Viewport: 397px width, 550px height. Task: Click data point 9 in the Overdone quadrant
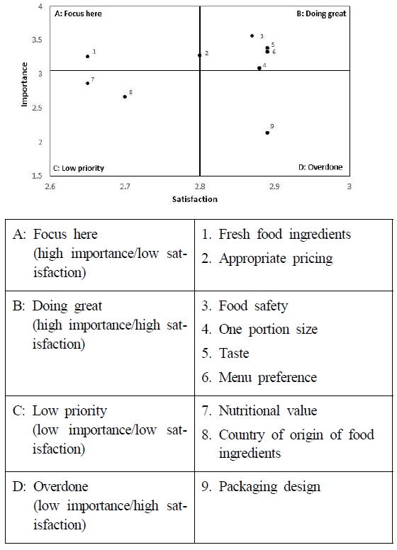click(x=267, y=133)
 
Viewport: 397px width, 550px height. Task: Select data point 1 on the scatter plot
click(x=88, y=56)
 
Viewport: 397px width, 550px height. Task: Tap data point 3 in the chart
click(x=252, y=35)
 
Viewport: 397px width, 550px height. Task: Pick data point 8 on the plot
click(x=125, y=96)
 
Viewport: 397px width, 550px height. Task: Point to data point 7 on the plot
click(x=87, y=83)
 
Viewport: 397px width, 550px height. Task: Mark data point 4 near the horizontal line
click(x=259, y=68)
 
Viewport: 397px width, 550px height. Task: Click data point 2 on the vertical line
click(x=200, y=55)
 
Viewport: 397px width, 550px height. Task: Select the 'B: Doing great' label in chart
click(x=320, y=13)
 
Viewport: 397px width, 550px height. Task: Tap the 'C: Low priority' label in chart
click(x=78, y=168)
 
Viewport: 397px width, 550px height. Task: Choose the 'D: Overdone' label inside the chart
click(x=320, y=167)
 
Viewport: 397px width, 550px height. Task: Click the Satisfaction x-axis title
click(x=194, y=199)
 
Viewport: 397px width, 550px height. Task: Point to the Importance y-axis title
click(x=24, y=84)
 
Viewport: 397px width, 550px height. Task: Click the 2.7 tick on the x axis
click(x=125, y=186)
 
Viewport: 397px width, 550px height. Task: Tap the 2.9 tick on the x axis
click(x=274, y=186)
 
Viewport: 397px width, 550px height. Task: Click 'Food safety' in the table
click(x=252, y=306)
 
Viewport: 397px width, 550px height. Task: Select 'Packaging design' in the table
click(x=269, y=486)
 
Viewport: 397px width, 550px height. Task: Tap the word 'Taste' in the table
click(x=234, y=353)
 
